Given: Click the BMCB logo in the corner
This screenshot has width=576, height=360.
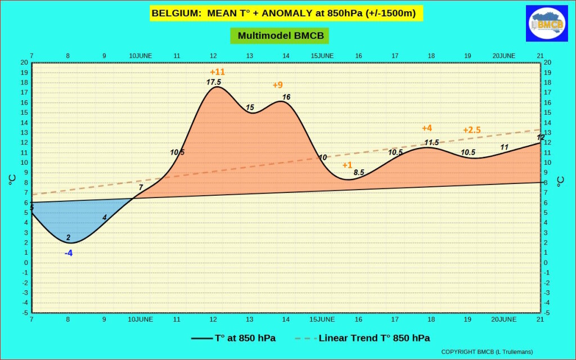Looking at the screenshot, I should (547, 24).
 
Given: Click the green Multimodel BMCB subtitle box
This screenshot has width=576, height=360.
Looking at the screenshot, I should (280, 35).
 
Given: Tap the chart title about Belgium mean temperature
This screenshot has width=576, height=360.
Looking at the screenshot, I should (283, 13).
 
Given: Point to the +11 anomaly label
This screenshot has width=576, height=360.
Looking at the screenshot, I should (217, 72).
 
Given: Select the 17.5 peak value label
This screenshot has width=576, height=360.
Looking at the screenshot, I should (214, 82).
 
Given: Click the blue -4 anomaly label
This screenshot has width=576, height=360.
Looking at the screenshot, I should (69, 253).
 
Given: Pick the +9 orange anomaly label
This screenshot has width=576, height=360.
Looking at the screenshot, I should (277, 85).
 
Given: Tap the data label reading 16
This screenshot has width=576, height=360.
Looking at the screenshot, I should (286, 97).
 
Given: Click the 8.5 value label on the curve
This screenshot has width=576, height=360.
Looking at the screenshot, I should (359, 173).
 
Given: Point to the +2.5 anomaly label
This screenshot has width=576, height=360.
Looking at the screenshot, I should (472, 130).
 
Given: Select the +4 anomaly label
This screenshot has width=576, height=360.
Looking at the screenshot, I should (427, 128).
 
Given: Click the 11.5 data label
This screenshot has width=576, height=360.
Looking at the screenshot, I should (431, 142).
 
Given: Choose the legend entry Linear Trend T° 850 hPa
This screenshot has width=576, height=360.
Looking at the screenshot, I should (374, 338).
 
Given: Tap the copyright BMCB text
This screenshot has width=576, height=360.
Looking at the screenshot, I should (487, 352).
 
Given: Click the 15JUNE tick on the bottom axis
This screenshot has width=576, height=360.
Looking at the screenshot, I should (322, 319).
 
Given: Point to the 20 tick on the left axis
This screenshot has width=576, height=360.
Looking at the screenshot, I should (24, 62).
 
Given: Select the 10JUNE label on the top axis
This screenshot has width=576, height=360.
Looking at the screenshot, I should (141, 56).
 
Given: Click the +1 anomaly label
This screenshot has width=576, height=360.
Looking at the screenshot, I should (347, 165).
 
